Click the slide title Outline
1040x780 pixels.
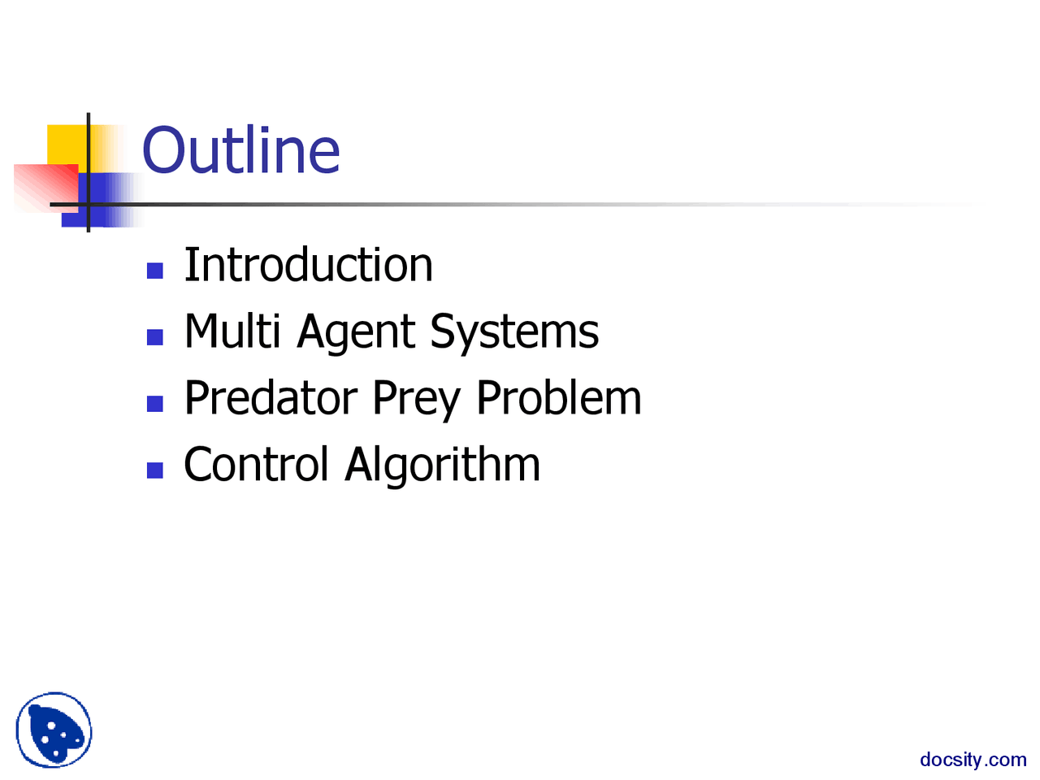coord(241,150)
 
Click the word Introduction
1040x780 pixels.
coord(309,265)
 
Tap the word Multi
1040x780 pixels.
coord(232,331)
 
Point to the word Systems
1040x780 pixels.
coord(514,333)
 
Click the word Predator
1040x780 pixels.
coord(271,398)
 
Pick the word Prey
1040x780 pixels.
coord(417,400)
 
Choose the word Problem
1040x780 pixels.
coord(559,398)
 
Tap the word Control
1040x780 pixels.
coord(256,465)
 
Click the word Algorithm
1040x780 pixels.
coord(443,466)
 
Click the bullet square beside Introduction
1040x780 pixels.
coord(155,271)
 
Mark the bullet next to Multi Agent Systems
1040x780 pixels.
coord(155,336)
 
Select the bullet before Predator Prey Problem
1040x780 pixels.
coord(155,403)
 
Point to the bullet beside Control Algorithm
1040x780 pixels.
coord(155,470)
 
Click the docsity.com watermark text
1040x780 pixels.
coord(973,760)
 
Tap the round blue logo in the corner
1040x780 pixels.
coord(54,730)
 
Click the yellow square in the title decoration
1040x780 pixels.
coord(65,144)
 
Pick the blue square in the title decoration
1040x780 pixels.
coord(102,199)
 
